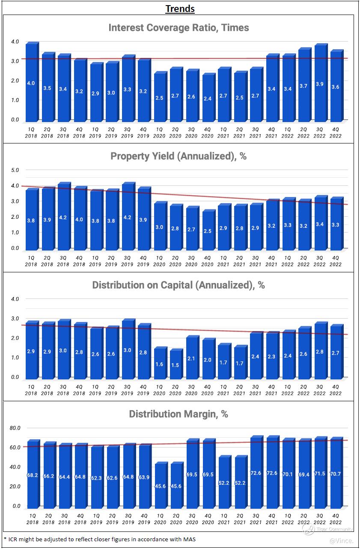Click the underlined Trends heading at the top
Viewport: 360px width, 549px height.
pos(180,9)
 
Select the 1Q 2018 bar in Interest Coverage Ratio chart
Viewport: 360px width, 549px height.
pos(31,83)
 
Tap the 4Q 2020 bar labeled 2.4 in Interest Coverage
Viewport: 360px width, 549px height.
pos(208,98)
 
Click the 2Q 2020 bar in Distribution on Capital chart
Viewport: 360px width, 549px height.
pos(176,364)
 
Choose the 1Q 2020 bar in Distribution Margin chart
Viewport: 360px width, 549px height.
pos(160,485)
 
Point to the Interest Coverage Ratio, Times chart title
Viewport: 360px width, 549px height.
pos(179,28)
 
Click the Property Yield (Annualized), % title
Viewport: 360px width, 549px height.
pos(179,156)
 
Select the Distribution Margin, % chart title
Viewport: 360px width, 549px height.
pos(179,414)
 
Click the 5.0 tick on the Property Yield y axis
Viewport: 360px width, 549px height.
pos(15,170)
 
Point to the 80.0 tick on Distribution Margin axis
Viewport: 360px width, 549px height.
pos(15,428)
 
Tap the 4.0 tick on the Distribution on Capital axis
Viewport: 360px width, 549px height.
pos(15,299)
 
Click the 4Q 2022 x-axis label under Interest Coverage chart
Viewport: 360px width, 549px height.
pos(336,132)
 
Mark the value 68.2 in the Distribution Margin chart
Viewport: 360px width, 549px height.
pos(33,475)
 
